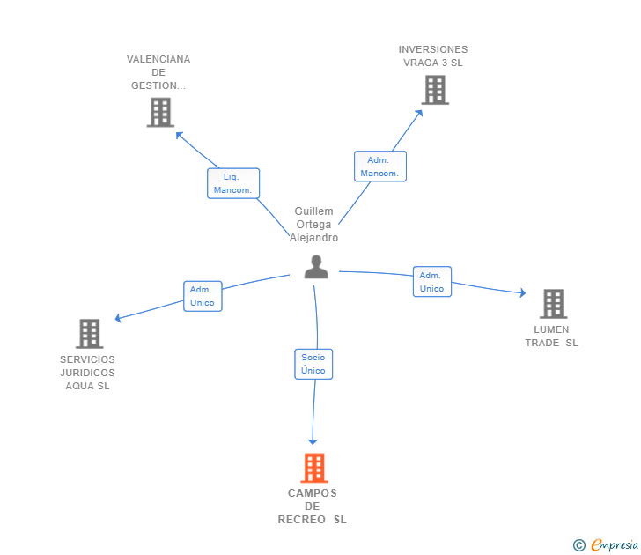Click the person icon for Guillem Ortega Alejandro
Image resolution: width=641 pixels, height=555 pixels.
tap(316, 267)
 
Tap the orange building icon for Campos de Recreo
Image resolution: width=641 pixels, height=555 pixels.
tap(315, 468)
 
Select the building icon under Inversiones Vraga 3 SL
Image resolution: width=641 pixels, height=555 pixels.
tap(434, 90)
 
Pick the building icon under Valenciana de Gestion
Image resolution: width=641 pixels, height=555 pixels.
tap(159, 113)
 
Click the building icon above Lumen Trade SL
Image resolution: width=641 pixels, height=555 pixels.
tap(553, 304)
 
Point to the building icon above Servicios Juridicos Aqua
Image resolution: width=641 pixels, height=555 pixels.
tap(89, 334)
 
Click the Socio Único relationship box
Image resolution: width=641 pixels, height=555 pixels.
tap(313, 364)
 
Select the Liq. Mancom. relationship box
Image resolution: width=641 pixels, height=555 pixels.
tap(233, 183)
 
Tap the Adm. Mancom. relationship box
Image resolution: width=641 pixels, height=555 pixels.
tap(379, 166)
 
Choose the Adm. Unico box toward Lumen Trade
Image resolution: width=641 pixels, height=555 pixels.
tap(431, 282)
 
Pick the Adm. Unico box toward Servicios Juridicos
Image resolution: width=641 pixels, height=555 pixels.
tap(202, 296)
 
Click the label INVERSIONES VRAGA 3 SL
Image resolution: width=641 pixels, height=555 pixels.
tap(433, 56)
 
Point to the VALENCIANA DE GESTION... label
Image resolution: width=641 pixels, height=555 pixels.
tap(158, 72)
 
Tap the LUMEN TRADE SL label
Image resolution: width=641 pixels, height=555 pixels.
tap(551, 337)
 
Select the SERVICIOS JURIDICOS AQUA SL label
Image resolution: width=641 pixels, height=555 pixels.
tap(87, 373)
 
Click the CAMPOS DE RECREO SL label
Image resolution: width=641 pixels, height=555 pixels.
tap(313, 507)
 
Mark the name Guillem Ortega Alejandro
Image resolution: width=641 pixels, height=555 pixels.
tap(314, 225)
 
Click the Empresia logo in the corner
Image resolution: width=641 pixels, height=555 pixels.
tap(615, 545)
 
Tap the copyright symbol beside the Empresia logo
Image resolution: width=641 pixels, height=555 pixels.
tap(579, 545)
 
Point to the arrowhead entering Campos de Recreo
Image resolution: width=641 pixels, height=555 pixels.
tap(312, 440)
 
